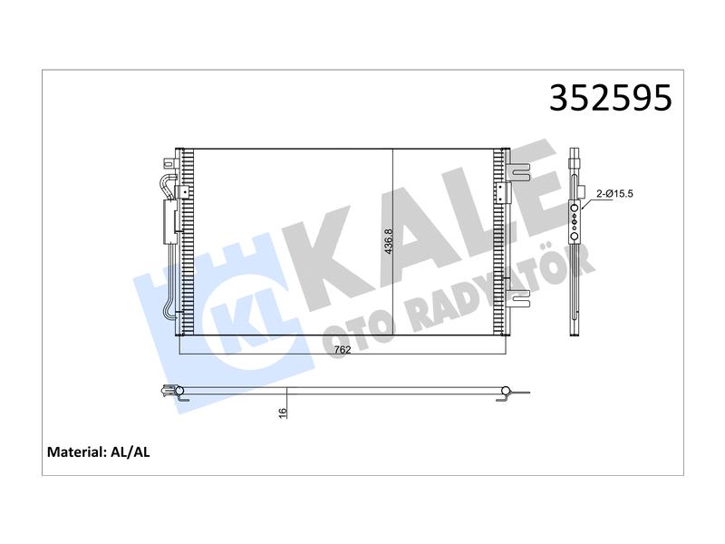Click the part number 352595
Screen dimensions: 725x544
(610, 98)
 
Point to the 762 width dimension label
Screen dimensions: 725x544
(343, 350)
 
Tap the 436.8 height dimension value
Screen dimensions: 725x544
(388, 241)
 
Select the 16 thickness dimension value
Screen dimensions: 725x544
(283, 413)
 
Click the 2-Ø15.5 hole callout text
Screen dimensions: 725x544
(614, 194)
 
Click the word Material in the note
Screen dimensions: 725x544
(77, 452)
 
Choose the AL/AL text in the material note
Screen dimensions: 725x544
(130, 452)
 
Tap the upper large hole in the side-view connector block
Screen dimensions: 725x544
(575, 209)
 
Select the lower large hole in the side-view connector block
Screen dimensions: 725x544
(575, 237)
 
